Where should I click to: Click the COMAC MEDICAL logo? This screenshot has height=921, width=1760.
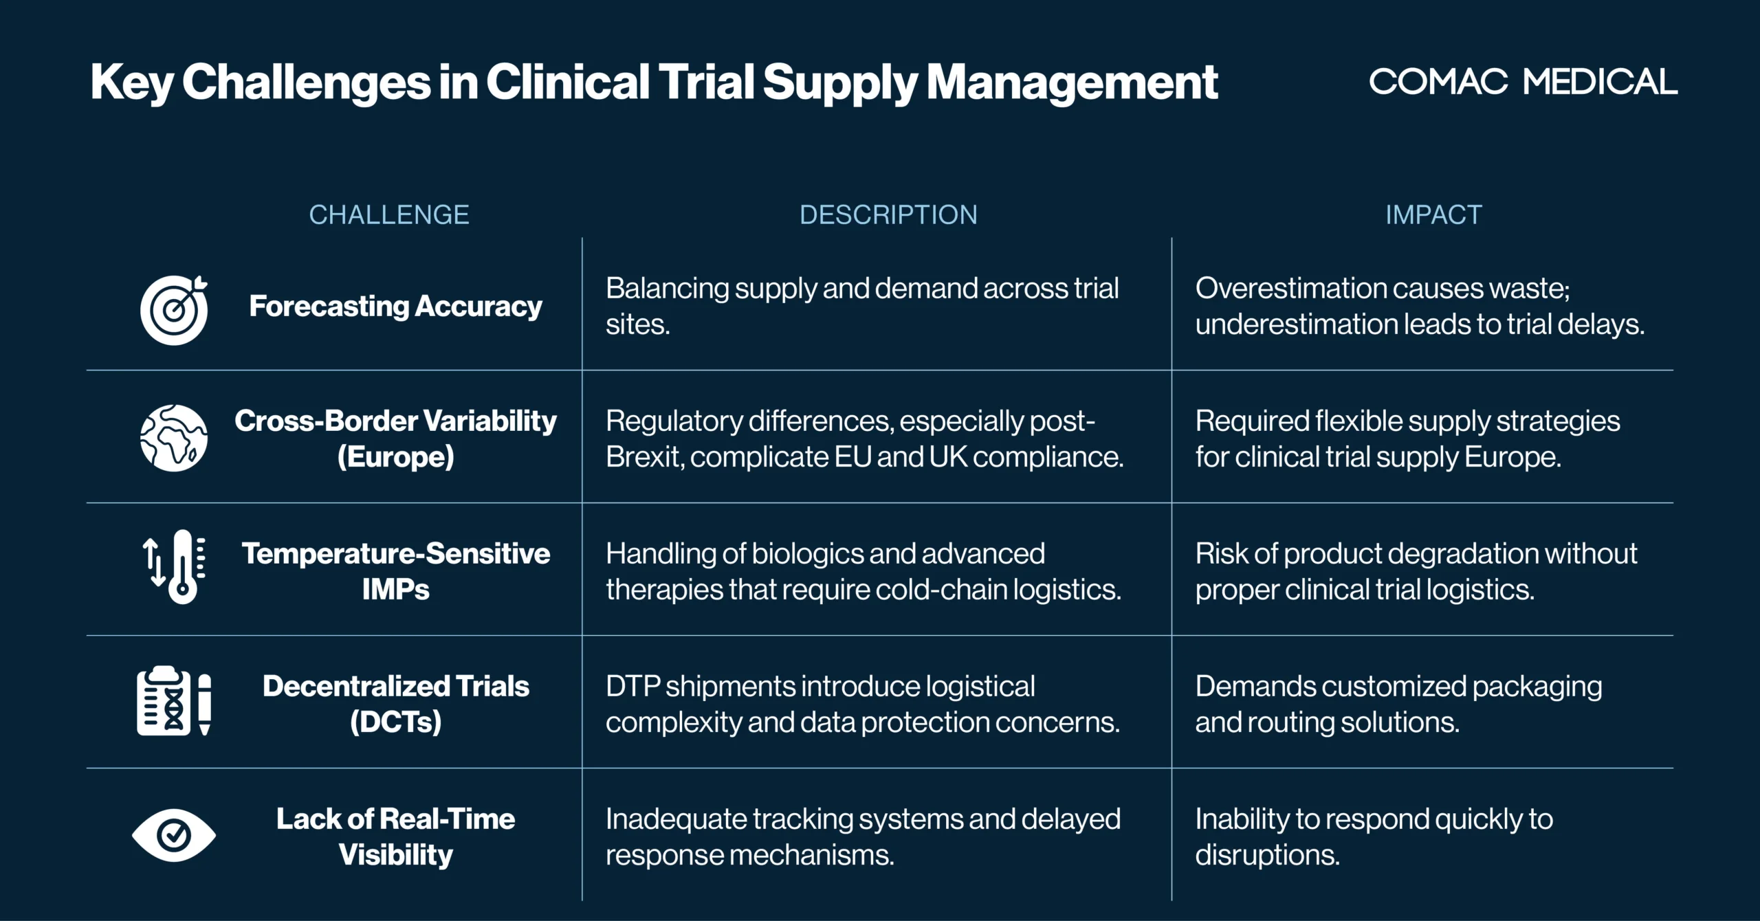coord(1523,82)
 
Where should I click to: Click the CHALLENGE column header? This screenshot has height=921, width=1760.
coord(389,214)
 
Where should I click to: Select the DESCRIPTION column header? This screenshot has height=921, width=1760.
coord(888,214)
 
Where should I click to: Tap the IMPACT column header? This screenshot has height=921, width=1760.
coord(1433,214)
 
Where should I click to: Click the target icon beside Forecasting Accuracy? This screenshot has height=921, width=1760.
coord(174,310)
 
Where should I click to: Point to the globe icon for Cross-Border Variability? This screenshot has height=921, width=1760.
coord(174,438)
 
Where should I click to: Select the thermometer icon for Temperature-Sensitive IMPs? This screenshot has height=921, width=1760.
coord(174,567)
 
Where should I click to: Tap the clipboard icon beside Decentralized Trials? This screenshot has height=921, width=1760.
coord(174,700)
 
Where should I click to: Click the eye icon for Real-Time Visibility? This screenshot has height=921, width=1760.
coord(174,835)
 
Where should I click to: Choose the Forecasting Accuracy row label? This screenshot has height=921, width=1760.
coord(396,307)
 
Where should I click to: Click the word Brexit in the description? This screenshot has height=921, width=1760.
coord(644,457)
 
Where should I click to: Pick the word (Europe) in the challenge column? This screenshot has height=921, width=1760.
coord(396,457)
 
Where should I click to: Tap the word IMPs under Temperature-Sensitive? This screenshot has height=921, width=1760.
coord(396,590)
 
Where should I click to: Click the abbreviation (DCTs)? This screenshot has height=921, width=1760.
coord(396,722)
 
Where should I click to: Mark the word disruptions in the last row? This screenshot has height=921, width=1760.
coord(1268,855)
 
